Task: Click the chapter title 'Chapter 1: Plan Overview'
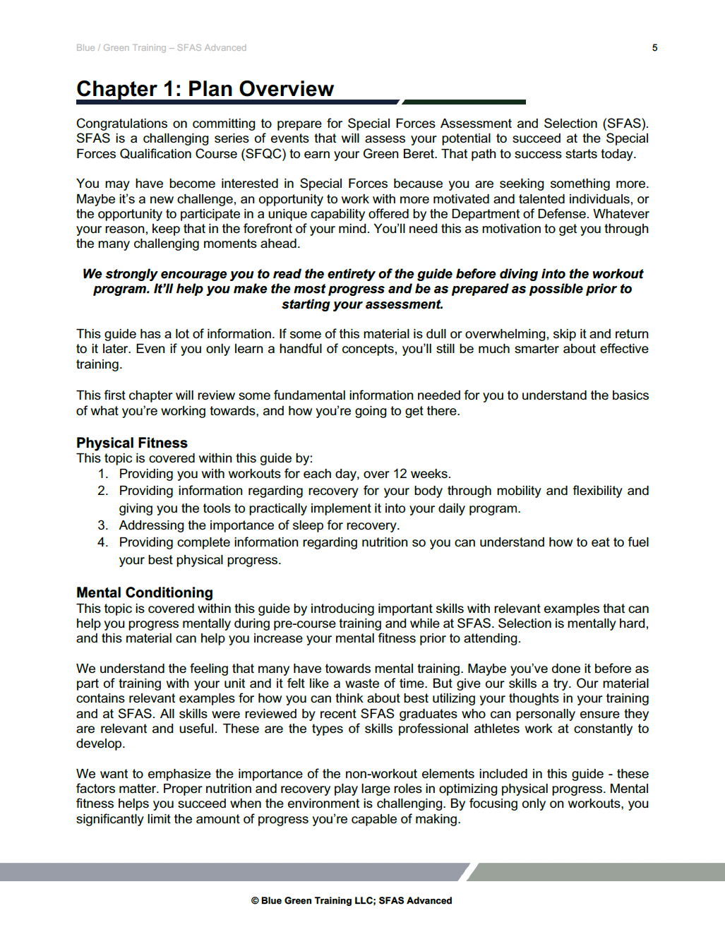point(205,89)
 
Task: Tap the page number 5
point(654,48)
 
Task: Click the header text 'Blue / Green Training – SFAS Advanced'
point(161,48)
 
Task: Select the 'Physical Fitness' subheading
point(132,443)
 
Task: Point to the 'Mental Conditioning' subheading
point(145,592)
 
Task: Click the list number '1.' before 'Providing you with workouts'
point(103,474)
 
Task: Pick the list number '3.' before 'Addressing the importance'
point(103,525)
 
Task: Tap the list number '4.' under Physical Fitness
point(103,542)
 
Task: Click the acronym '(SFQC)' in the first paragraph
point(263,154)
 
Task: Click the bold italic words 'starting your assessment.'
point(362,304)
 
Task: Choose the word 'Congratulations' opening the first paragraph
point(122,124)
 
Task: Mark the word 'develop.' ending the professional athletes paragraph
point(100,744)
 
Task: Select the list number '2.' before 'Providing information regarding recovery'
point(103,491)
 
